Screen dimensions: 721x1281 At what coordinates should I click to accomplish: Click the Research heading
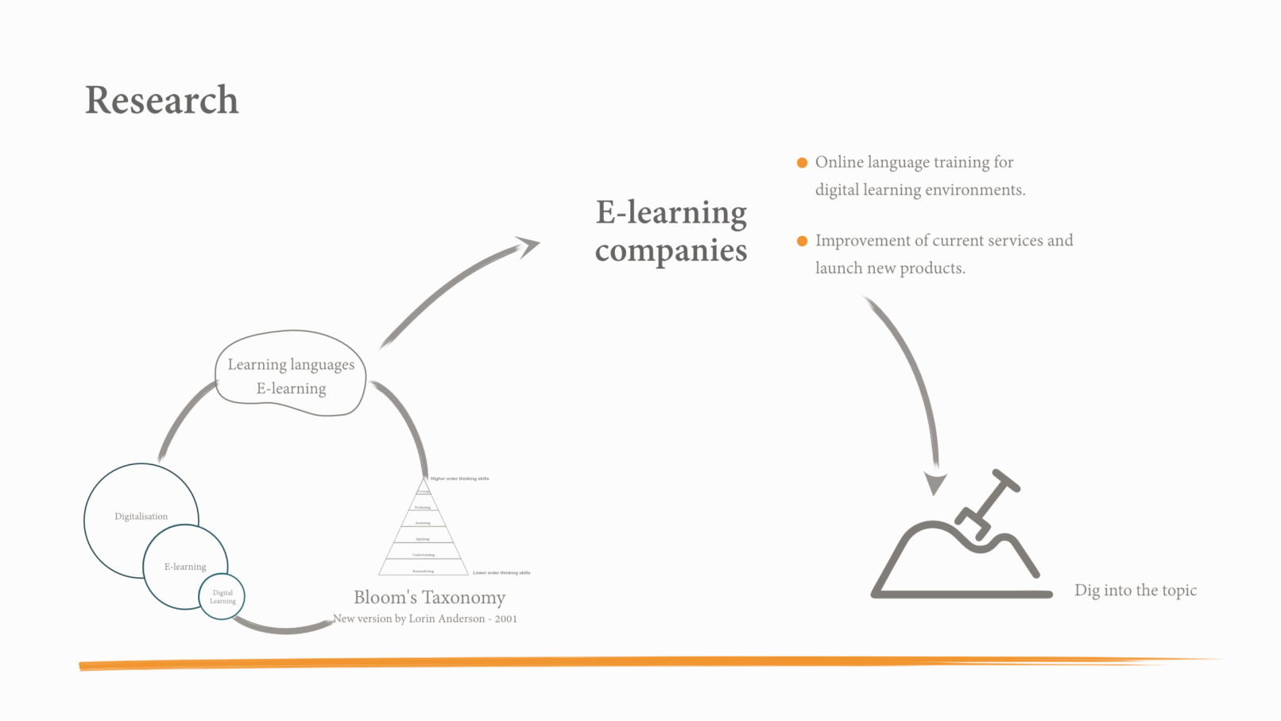click(161, 100)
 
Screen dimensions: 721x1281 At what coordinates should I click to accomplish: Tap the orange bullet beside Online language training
click(802, 163)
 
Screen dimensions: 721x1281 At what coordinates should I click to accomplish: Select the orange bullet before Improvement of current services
click(802, 241)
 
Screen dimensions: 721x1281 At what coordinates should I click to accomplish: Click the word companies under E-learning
click(671, 251)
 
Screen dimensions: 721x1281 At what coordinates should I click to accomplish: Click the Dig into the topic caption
click(1135, 591)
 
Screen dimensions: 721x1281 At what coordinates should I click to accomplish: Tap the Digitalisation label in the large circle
click(141, 517)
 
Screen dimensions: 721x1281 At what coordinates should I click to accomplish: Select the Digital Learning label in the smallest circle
click(223, 597)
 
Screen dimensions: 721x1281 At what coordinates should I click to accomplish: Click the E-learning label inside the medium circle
click(185, 567)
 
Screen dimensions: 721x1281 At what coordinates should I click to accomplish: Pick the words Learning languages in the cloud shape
click(291, 365)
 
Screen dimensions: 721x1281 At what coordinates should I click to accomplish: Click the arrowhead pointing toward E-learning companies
click(528, 246)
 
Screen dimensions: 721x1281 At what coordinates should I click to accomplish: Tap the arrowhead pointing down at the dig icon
click(936, 483)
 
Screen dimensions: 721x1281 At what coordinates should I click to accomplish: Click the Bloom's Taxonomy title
click(429, 598)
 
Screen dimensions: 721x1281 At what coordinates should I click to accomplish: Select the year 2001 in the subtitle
click(505, 619)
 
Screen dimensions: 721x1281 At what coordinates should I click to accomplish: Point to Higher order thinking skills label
click(459, 479)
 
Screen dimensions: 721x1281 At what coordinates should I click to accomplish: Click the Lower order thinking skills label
click(501, 572)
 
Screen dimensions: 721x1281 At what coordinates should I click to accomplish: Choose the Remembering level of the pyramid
click(423, 571)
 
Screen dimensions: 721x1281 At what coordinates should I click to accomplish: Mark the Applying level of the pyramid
click(423, 539)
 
